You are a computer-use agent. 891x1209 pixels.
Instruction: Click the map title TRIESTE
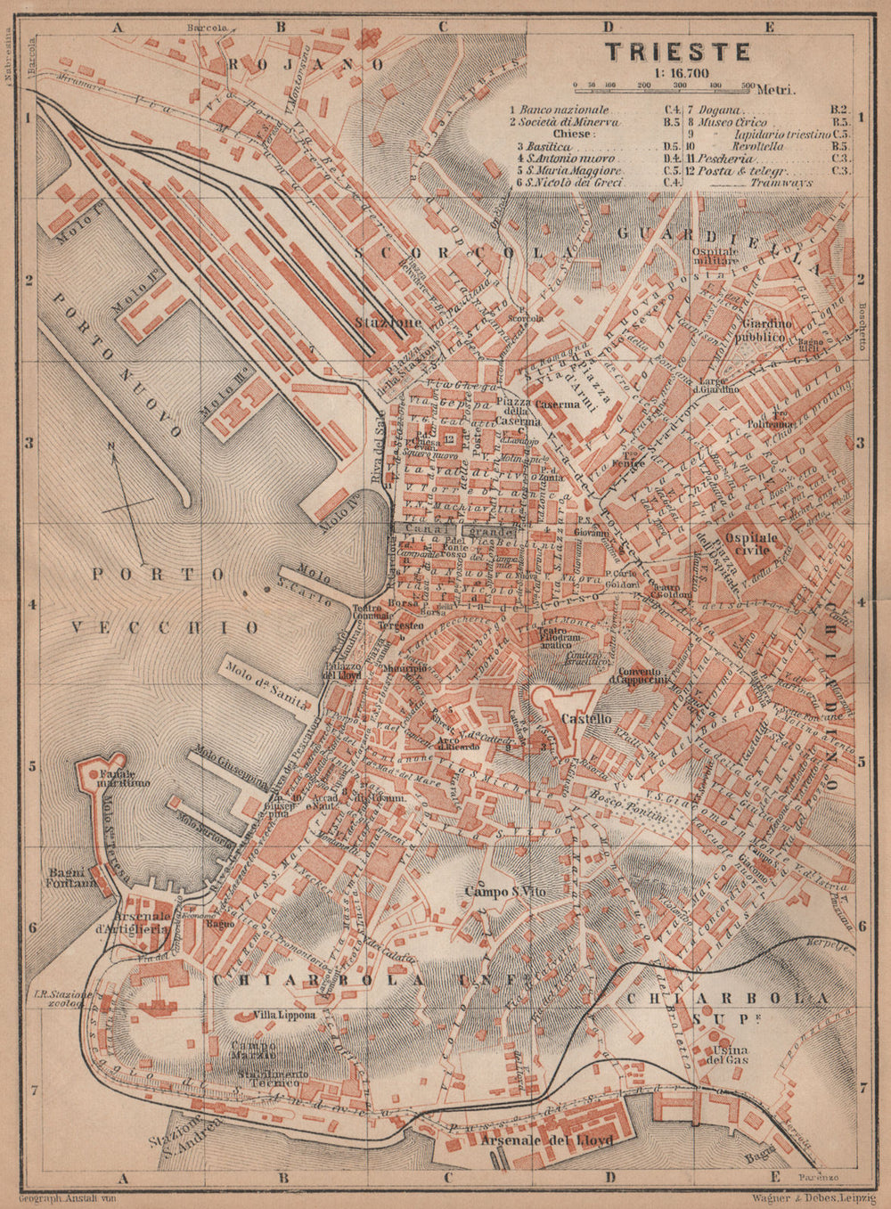[678, 52]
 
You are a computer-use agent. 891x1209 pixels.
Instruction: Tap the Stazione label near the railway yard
[387, 323]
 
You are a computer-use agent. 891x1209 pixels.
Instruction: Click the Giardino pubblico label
[763, 331]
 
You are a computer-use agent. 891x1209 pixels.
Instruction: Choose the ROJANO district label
[306, 64]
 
